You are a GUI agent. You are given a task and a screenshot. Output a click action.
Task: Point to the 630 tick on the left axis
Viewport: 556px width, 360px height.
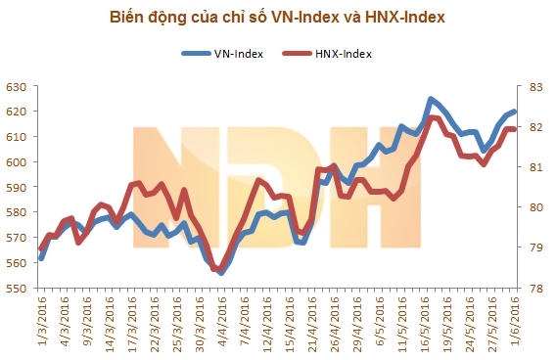pos(17,87)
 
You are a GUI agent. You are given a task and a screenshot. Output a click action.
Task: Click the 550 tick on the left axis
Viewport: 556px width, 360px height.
pos(17,289)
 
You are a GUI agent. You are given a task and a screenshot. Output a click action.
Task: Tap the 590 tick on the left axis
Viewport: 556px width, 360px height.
pos(17,188)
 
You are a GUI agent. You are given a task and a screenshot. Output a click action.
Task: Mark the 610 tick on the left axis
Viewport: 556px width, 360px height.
pos(17,138)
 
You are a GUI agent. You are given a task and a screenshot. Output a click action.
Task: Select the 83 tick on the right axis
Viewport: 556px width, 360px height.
pos(536,87)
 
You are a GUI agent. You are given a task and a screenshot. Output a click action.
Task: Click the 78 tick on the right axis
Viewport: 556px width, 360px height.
pos(536,289)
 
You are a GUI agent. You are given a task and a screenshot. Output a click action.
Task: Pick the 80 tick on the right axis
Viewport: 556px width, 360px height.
pos(536,207)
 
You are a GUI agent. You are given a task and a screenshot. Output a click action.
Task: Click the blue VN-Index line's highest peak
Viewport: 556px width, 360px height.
pos(431,99)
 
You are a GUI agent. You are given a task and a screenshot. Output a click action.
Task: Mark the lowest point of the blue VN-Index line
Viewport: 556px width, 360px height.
pos(221,273)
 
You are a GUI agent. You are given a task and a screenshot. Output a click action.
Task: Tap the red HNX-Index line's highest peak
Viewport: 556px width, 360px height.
pos(432,118)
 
